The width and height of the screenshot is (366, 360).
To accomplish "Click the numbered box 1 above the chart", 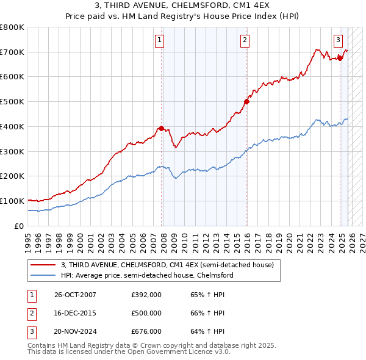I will pos(159,41).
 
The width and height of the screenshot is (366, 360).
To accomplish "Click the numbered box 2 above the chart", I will pos(244,41).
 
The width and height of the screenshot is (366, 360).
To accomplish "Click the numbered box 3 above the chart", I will pos(337,41).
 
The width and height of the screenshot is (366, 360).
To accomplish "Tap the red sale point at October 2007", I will pos(161,128).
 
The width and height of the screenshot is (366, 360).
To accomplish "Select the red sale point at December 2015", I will pos(246,101).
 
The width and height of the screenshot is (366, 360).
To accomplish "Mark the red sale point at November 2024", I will pos(340,58).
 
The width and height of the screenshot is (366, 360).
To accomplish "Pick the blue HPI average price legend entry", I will pos(147,275).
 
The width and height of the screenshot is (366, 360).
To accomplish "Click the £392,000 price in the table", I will pos(146,295).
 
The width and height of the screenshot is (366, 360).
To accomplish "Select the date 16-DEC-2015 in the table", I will pos(75,313).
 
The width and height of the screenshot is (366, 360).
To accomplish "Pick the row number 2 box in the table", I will pos(31,313).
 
